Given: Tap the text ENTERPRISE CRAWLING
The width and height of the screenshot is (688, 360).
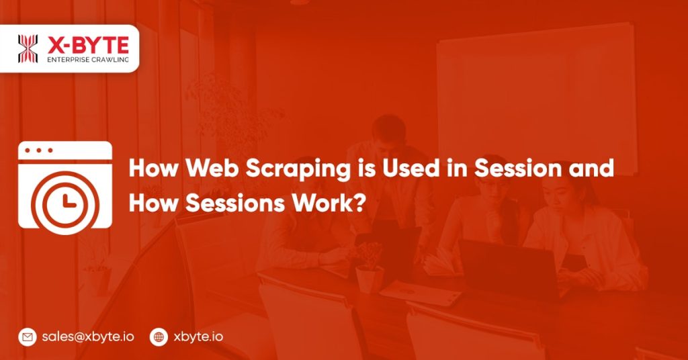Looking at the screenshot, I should tap(87, 60).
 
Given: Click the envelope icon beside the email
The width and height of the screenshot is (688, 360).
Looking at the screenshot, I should tap(28, 336).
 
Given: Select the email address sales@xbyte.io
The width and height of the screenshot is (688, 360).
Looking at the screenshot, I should tap(87, 336).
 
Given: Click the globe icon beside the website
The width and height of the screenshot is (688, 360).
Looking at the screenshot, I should tap(159, 336).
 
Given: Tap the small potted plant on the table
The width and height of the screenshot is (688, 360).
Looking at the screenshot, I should tap(369, 266).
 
